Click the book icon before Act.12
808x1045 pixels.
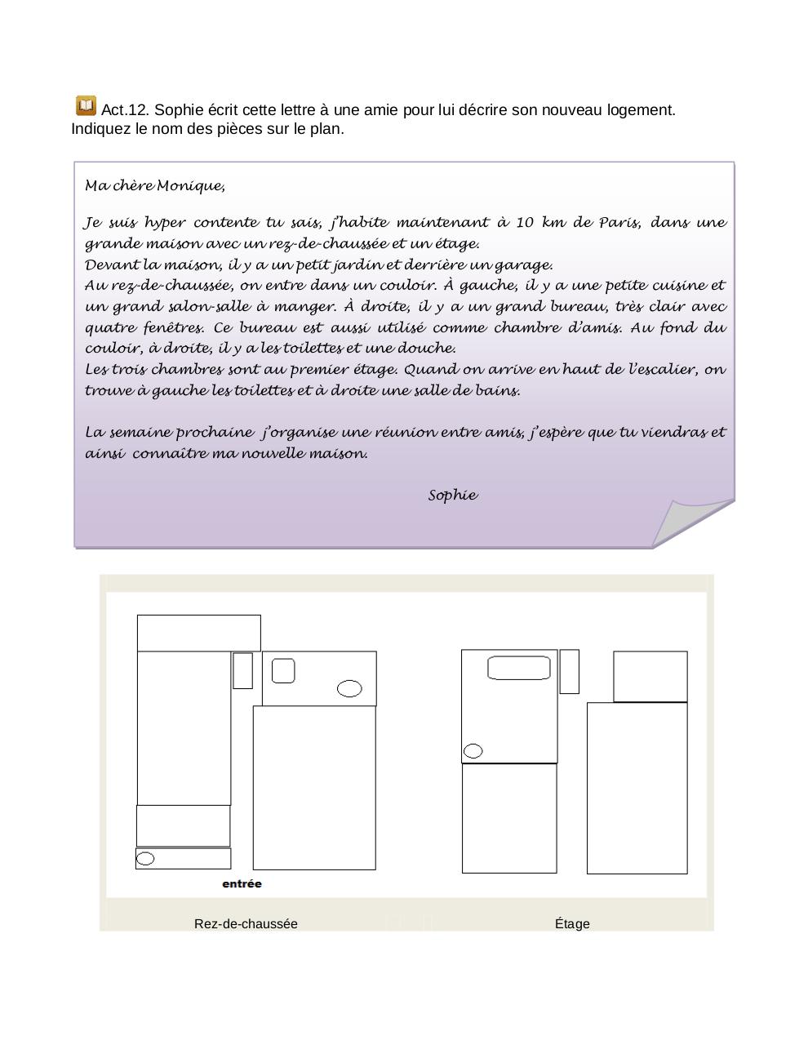pos(86,106)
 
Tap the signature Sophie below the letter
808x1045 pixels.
pos(453,496)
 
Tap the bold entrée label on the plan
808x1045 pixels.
pos(242,883)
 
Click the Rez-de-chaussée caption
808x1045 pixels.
pos(246,923)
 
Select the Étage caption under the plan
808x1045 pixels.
pos(572,923)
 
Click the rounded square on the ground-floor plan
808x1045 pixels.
pos(283,671)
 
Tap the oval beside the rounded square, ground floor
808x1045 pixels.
pos(349,688)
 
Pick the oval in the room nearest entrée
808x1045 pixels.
pos(145,858)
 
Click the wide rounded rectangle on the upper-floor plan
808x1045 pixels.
pos(519,667)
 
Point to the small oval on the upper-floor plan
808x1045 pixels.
pos(473,750)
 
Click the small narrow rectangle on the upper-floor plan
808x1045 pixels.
pos(569,671)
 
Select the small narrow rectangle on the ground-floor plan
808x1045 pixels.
pos(242,670)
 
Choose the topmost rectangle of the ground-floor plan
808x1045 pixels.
pos(198,633)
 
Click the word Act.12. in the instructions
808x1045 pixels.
pos(126,110)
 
